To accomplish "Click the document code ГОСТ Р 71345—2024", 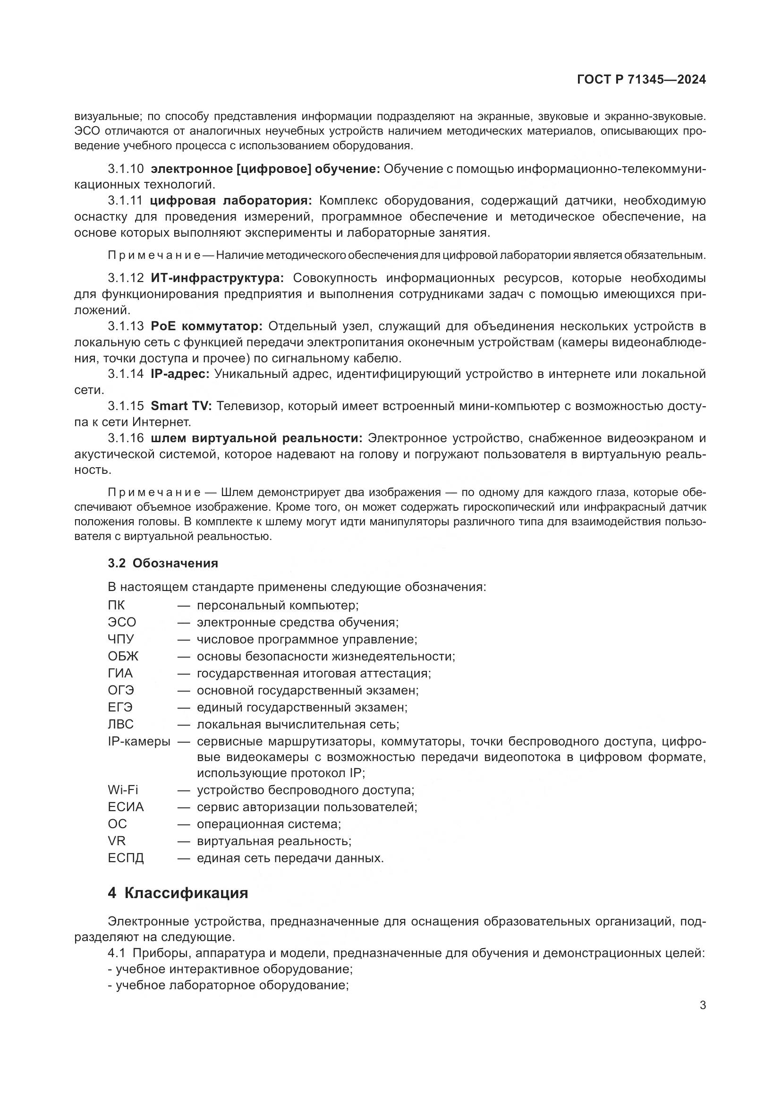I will click(x=641, y=80).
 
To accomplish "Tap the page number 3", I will click(x=703, y=1005).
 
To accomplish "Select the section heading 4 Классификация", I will click(x=178, y=893).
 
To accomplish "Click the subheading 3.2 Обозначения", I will click(x=162, y=563).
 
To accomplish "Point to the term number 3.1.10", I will click(x=126, y=169).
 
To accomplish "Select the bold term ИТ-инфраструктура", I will click(x=217, y=278).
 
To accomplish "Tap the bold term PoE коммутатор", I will click(x=206, y=326).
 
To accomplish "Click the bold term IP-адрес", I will click(x=180, y=374).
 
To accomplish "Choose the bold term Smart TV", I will click(x=181, y=406).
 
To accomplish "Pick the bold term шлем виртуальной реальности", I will click(x=256, y=438).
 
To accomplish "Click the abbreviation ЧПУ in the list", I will click(x=121, y=640).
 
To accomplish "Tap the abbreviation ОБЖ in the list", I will click(x=123, y=657).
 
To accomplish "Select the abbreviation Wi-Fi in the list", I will click(x=123, y=790).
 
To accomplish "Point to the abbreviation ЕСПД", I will click(x=126, y=858).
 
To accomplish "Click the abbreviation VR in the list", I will click(x=116, y=841).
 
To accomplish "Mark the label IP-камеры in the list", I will click(x=139, y=742).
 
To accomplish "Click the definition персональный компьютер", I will click(x=278, y=606).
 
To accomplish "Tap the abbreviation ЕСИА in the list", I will click(x=126, y=807).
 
